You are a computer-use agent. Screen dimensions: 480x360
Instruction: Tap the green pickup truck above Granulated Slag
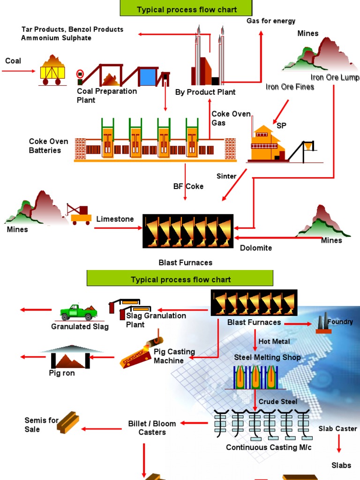click(x=78, y=313)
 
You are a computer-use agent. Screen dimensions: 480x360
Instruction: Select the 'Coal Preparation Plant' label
click(x=107, y=96)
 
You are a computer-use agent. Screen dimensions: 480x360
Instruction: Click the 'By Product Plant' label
click(x=205, y=92)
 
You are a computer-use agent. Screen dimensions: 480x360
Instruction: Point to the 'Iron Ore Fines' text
click(x=290, y=87)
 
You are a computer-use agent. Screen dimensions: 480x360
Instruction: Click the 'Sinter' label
click(x=226, y=176)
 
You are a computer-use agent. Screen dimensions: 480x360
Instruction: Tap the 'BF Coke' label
click(x=188, y=187)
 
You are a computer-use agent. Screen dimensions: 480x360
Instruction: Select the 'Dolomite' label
click(x=256, y=248)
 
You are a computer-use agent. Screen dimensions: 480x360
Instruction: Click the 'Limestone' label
click(x=115, y=219)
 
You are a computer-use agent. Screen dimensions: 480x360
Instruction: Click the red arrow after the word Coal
click(x=19, y=71)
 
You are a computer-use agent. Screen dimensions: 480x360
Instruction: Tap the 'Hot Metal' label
click(x=274, y=342)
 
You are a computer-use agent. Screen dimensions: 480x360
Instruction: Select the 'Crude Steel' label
click(x=278, y=402)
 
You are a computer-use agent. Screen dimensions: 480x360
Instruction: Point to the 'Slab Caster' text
click(x=337, y=429)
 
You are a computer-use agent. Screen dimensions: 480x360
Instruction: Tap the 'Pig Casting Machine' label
click(x=174, y=356)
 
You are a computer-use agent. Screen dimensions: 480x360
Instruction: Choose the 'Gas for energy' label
click(x=271, y=21)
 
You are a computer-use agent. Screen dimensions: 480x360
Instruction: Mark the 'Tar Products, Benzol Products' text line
click(x=72, y=30)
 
